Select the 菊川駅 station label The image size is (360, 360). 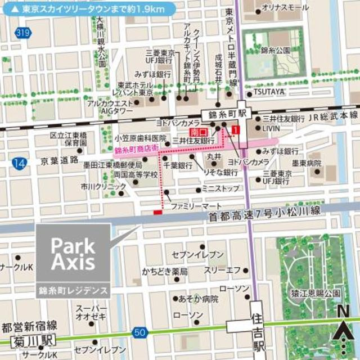pyautogui.click(x=35, y=340)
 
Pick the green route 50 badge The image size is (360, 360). pyautogui.click(x=140, y=333)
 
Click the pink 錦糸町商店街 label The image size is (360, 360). pyautogui.click(x=136, y=149)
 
